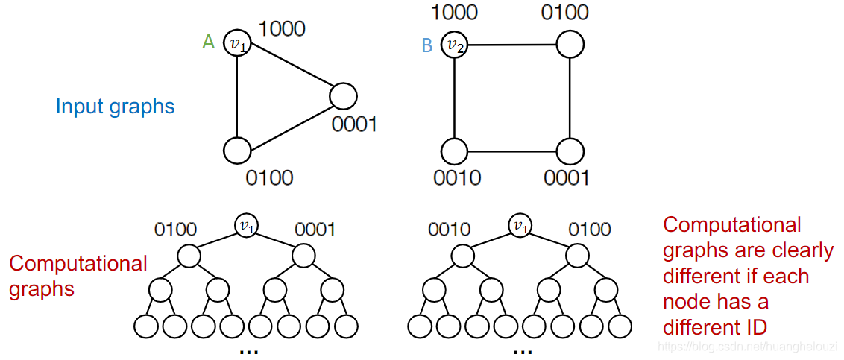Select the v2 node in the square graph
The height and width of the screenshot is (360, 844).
(454, 45)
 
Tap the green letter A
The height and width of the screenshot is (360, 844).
(209, 42)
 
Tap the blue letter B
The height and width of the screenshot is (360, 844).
(427, 45)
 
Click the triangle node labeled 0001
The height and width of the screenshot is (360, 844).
(344, 96)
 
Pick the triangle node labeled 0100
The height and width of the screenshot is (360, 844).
(237, 150)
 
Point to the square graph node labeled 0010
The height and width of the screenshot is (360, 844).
(454, 151)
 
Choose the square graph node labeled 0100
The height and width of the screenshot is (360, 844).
(570, 44)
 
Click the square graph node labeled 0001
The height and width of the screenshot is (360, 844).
(570, 151)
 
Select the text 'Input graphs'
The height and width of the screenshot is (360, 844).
(115, 106)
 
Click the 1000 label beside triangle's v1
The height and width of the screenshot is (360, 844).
(281, 28)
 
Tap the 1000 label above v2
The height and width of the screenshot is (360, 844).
(454, 12)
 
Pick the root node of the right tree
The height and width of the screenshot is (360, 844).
(520, 224)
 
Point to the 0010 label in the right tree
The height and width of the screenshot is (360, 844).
(450, 229)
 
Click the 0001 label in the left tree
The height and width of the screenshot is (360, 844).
(315, 229)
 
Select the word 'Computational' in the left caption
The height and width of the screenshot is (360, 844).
(78, 263)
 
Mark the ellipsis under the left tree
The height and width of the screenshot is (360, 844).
(248, 351)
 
